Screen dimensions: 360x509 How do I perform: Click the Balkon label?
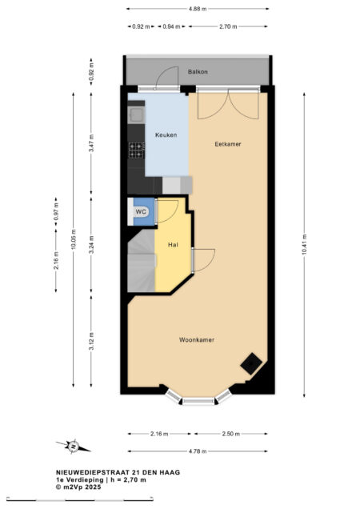tap(198, 72)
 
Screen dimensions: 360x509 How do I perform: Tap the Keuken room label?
tap(166, 134)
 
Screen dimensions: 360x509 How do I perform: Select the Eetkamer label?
tap(228, 144)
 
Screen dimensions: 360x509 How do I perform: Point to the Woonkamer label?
tap(197, 340)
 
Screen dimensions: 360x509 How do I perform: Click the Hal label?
tap(173, 245)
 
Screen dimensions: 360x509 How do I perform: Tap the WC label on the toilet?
tap(141, 212)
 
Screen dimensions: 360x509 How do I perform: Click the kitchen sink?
tap(136, 114)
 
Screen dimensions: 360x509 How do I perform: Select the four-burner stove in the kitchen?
tap(136, 150)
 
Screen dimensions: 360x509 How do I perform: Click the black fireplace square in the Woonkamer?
tap(251, 363)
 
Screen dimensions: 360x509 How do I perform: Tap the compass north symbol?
tap(74, 446)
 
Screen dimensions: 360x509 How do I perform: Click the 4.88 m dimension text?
tap(198, 9)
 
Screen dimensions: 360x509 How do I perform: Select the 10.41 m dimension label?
tap(304, 244)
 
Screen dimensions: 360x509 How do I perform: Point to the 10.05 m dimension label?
tap(73, 239)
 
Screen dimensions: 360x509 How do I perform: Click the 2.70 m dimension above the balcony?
tap(228, 26)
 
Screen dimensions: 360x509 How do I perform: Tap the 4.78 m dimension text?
tap(198, 451)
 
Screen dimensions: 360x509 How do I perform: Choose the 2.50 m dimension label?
tap(231, 434)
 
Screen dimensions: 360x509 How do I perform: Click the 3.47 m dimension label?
tap(91, 143)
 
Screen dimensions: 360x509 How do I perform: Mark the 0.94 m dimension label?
tap(171, 26)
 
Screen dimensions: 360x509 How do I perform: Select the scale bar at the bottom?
tap(80, 499)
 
